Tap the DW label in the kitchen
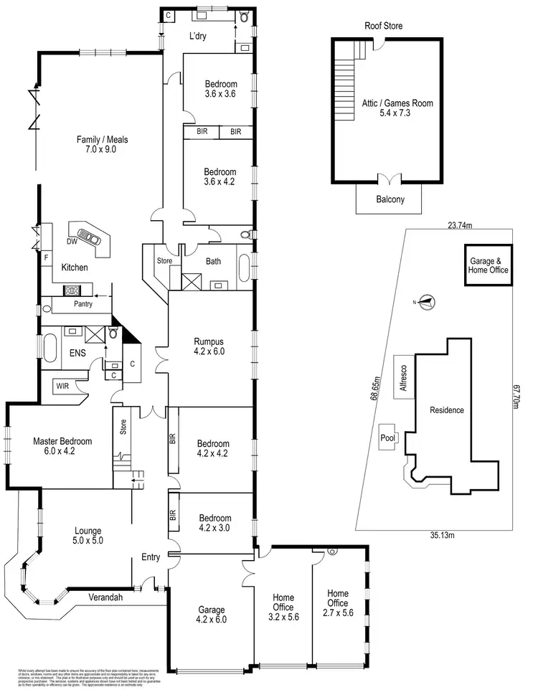tap(72, 242)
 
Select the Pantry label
tap(83, 304)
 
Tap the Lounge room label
tap(88, 531)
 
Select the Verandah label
tap(107, 597)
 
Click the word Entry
tap(151, 557)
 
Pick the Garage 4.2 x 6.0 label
tap(212, 616)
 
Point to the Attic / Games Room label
tap(397, 108)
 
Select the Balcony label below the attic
tap(390, 200)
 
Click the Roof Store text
tap(383, 26)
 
